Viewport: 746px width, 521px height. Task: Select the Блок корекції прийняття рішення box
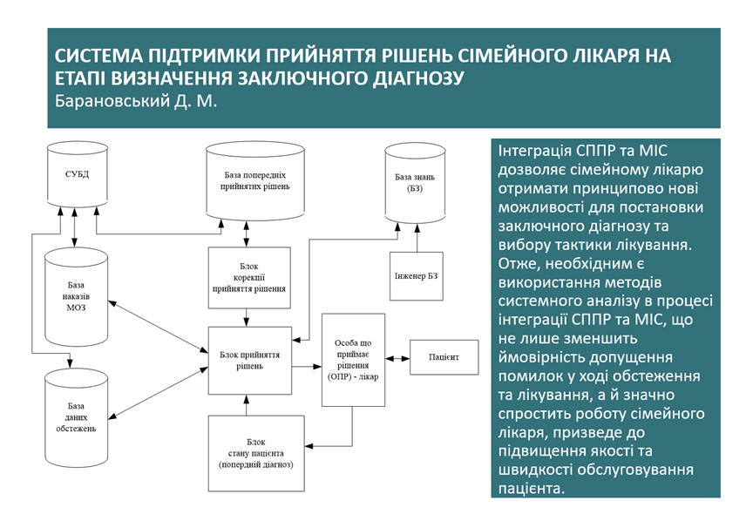click(248, 277)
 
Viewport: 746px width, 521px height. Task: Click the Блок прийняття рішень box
click(248, 360)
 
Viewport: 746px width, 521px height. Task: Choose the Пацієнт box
click(443, 358)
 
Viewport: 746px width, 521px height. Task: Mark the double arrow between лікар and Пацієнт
click(397, 358)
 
